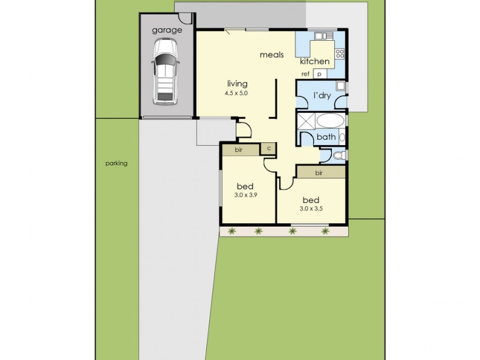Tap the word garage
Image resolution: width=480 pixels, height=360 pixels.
coord(166,30)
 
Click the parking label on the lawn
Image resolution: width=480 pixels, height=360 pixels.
coord(116,163)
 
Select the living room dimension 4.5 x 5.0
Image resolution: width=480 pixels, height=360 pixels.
coord(237,94)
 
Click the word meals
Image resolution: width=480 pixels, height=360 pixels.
coord(271,55)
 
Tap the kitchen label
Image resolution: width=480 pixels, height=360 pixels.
coord(314,62)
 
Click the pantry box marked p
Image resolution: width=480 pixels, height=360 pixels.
coord(319,74)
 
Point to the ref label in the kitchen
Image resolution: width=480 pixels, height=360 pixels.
coord(305,74)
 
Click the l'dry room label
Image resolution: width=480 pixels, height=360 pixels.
coord(322,95)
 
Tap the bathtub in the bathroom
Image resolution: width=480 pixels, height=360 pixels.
coord(329,121)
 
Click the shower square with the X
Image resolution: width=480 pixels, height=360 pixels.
coord(307,121)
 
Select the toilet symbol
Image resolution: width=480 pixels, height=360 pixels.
coord(339,155)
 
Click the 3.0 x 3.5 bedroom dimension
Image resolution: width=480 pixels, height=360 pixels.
coord(311,208)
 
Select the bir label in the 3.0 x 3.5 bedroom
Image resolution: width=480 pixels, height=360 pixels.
coord(319,173)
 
